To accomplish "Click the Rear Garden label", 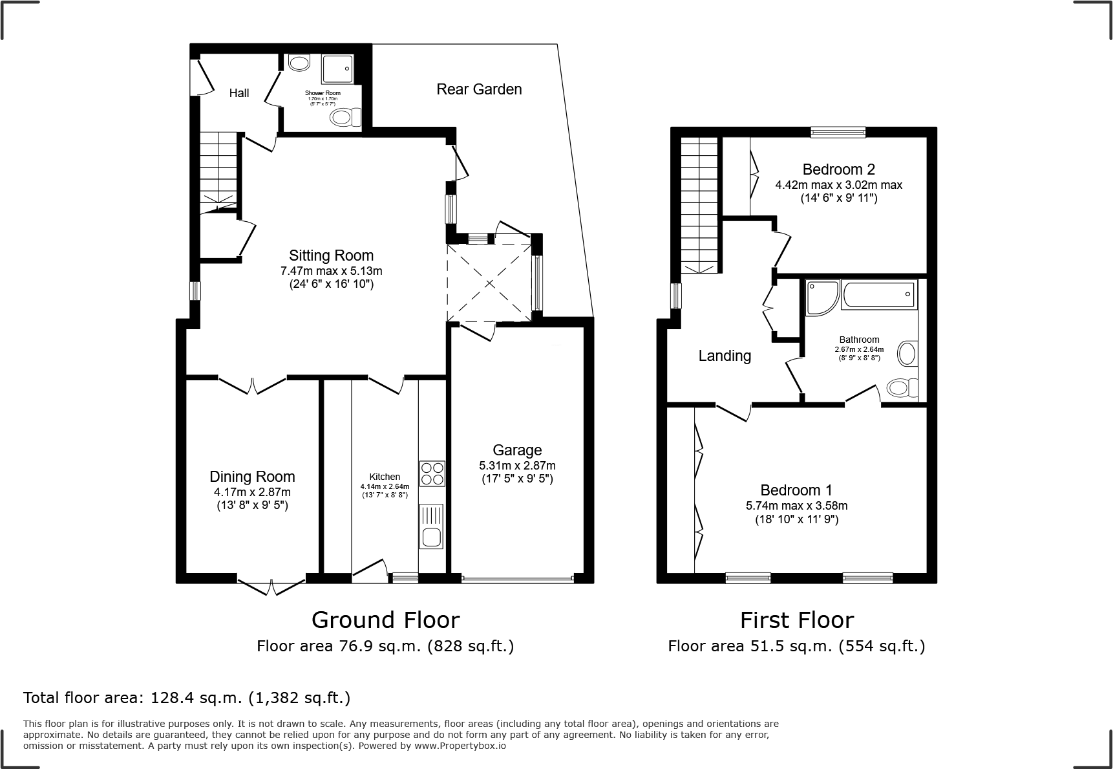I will pyautogui.click(x=479, y=89).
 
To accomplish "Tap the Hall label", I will pyautogui.click(x=239, y=93).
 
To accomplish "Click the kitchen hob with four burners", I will pyautogui.click(x=432, y=473).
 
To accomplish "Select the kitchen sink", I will pyautogui.click(x=431, y=526).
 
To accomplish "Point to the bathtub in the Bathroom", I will pyautogui.click(x=879, y=295).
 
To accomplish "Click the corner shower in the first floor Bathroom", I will pyautogui.click(x=821, y=296).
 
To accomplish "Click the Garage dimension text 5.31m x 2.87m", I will pyautogui.click(x=517, y=466).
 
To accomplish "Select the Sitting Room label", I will pyautogui.click(x=331, y=255).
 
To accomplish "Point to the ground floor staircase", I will pyautogui.click(x=218, y=169).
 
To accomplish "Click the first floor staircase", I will pyautogui.click(x=699, y=206).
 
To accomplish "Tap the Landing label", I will pyautogui.click(x=725, y=356).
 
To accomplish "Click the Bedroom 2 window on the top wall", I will pyautogui.click(x=838, y=133).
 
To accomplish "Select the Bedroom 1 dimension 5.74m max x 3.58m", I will pyautogui.click(x=796, y=506).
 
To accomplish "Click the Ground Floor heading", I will pyautogui.click(x=385, y=620).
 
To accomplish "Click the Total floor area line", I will pyautogui.click(x=187, y=698).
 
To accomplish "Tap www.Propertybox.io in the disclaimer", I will pyautogui.click(x=460, y=746).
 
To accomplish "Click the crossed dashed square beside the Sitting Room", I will pyautogui.click(x=489, y=283).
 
